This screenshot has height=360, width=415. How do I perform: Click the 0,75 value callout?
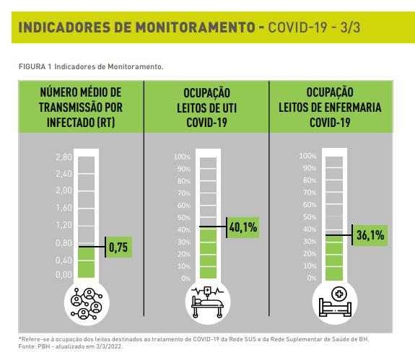[x=118, y=247]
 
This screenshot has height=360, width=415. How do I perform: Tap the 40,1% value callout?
[x=243, y=227]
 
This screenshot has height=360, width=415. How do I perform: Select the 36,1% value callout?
[x=370, y=235]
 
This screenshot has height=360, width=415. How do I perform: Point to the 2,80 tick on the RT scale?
[x=64, y=157]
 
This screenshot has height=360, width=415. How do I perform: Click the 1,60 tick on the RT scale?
[x=64, y=208]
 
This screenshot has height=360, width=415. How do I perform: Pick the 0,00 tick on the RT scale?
[x=64, y=275]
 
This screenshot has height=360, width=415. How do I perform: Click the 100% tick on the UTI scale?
[x=182, y=157]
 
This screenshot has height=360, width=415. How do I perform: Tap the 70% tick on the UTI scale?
[x=184, y=193]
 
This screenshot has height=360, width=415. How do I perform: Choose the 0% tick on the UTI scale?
[x=186, y=278]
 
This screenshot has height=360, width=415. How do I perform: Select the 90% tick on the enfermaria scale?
[x=310, y=168]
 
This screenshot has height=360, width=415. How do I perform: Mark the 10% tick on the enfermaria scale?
[x=310, y=265]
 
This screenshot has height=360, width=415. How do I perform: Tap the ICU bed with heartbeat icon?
[x=208, y=302]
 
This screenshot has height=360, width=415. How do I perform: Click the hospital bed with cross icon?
[x=335, y=302]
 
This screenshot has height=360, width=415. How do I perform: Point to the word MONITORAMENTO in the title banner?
[x=196, y=27]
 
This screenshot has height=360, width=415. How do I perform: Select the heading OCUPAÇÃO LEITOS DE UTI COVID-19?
[x=206, y=107]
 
